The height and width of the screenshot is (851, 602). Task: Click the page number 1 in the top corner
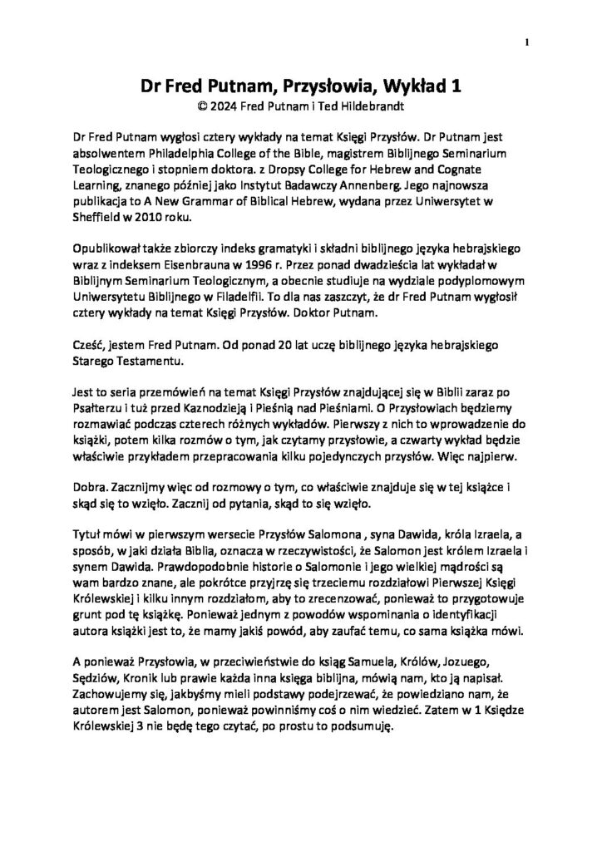coord(527,42)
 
